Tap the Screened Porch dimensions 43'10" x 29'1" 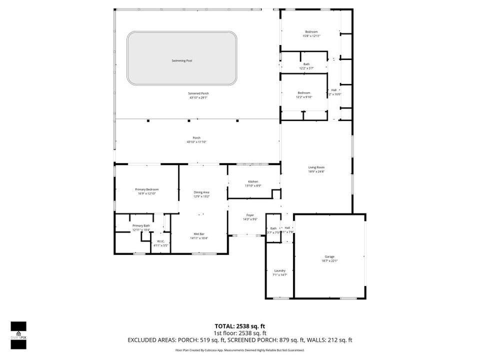click(x=198, y=98)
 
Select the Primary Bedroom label click(x=146, y=189)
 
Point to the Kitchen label click(x=253, y=181)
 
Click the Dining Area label click(x=201, y=192)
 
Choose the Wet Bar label click(x=198, y=234)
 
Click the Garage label click(x=329, y=256)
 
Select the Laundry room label click(x=279, y=270)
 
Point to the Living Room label click(x=316, y=167)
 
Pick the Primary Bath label click(x=141, y=225)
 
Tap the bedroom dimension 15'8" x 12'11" click(x=311, y=36)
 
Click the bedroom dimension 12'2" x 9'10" click(x=304, y=97)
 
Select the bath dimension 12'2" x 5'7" click(x=306, y=68)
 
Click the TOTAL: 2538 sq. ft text click(x=240, y=325)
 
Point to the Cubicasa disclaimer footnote click(x=240, y=350)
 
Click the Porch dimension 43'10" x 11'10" click(x=196, y=142)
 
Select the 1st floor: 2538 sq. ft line click(x=240, y=332)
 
